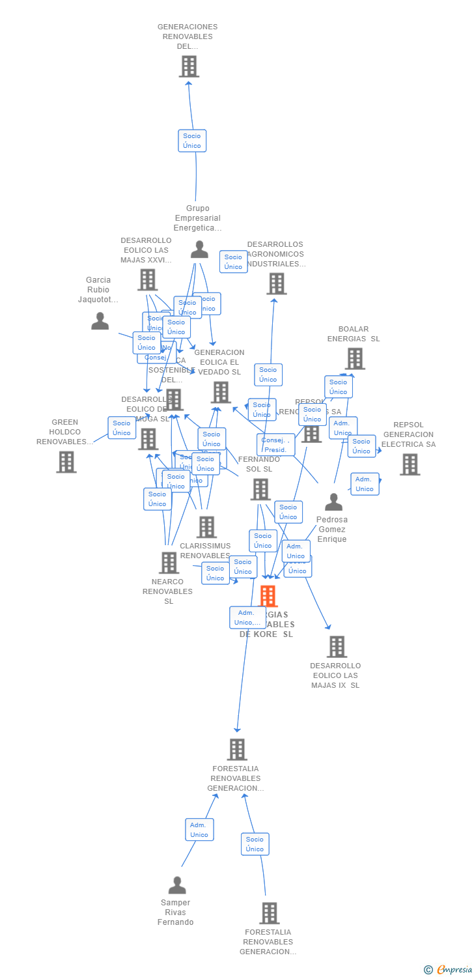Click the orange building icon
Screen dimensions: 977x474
click(268, 596)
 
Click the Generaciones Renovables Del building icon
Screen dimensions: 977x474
click(189, 66)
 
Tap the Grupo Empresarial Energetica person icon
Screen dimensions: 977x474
click(199, 249)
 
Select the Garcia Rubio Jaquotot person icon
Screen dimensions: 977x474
click(100, 321)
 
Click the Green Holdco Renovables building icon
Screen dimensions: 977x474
click(66, 462)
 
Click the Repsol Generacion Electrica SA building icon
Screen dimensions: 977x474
click(410, 464)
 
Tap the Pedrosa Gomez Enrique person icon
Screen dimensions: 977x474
click(333, 502)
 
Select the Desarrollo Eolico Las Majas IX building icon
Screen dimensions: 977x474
click(337, 647)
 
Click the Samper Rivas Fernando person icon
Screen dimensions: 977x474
click(177, 885)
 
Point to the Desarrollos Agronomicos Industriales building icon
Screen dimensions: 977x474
click(277, 284)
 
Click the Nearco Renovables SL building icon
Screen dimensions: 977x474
click(169, 563)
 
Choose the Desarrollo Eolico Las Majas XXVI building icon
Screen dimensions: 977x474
click(148, 280)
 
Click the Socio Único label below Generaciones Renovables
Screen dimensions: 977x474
click(192, 141)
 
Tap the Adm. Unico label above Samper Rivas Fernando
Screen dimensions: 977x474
click(199, 830)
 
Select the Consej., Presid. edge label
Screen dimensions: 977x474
click(275, 445)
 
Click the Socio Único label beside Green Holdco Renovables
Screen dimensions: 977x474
click(122, 428)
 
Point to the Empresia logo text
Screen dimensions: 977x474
click(454, 970)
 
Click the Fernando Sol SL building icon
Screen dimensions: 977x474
click(260, 489)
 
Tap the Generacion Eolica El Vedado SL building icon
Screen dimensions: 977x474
click(221, 392)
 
